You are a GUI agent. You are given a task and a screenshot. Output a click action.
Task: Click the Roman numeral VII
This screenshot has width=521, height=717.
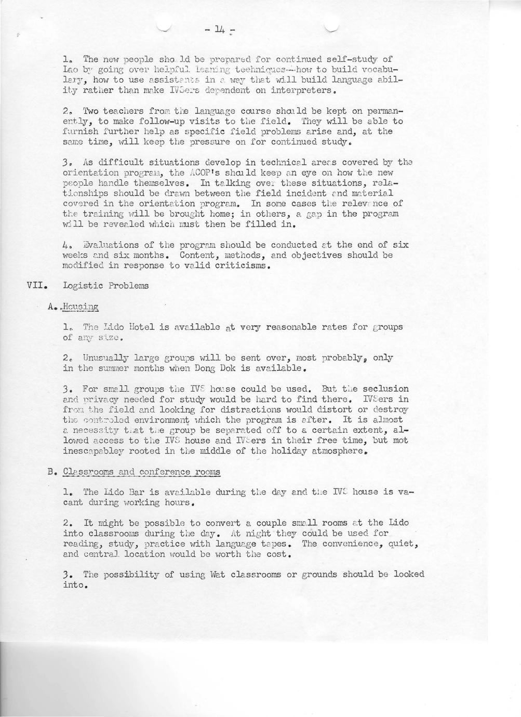(x=37, y=286)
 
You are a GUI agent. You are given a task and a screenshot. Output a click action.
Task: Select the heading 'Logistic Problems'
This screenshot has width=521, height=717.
(x=105, y=286)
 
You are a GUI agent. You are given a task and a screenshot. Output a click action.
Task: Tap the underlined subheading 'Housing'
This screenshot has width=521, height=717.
(x=81, y=307)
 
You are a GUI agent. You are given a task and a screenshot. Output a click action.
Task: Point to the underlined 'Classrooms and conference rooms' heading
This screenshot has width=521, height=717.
(x=141, y=472)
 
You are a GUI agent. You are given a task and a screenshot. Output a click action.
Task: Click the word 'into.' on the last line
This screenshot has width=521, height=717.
(x=74, y=585)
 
